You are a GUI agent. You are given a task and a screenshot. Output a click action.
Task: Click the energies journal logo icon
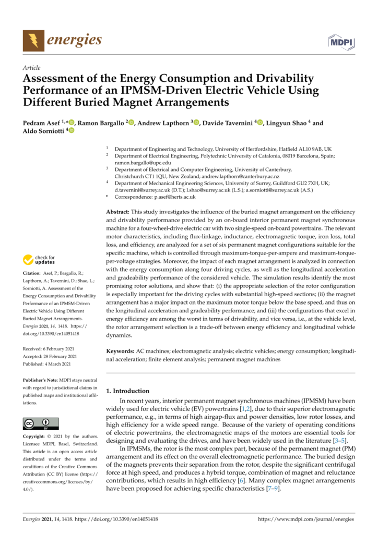point(33,40)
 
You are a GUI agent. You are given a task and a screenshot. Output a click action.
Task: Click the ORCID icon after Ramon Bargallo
point(131,123)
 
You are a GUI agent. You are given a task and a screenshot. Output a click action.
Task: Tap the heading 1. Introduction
point(128,391)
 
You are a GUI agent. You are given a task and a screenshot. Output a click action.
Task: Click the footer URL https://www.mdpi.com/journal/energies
point(306,519)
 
